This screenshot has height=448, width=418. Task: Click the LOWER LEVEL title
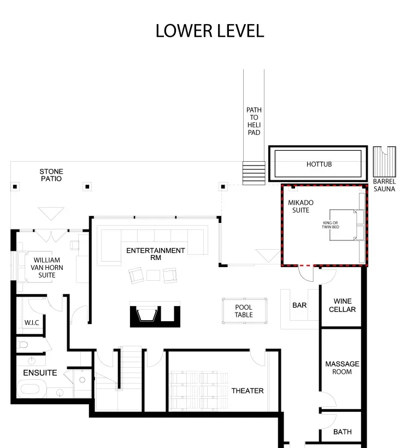tap(210, 31)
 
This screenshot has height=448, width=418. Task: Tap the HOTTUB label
tap(319, 164)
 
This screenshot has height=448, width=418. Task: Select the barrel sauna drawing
tap(385, 162)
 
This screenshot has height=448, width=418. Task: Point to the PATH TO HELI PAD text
tap(254, 121)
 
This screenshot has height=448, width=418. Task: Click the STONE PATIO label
tap(51, 175)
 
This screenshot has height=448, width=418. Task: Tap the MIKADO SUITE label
tap(301, 207)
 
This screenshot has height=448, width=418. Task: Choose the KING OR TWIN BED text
tap(331, 225)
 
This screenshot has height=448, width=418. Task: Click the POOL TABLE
tap(245, 311)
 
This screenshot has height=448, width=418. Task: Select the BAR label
tap(299, 305)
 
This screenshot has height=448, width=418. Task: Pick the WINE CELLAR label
tap(342, 305)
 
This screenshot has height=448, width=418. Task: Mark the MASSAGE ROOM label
tap(342, 368)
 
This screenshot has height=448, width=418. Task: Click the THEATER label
tap(248, 391)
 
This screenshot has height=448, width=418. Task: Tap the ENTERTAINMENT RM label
tap(155, 254)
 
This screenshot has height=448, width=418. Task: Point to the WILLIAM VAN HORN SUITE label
tap(47, 268)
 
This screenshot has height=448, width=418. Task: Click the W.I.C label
tap(32, 323)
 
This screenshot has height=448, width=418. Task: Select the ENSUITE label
tap(40, 373)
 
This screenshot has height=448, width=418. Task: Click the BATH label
tap(342, 432)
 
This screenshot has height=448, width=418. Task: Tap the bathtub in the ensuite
tap(31, 388)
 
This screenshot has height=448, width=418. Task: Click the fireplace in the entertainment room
tap(155, 314)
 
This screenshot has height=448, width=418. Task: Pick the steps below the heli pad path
tap(254, 173)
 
